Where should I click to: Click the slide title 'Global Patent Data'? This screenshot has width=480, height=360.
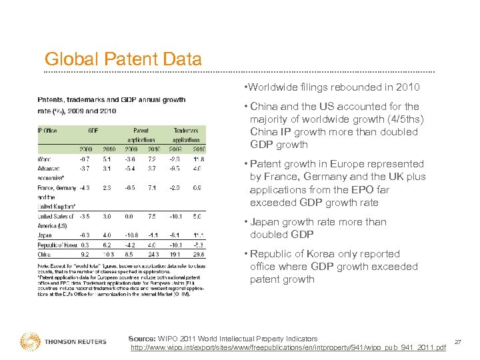pos(123,59)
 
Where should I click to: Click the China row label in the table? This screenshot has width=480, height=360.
pos(45,254)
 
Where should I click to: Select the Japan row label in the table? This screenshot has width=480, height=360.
pos(45,235)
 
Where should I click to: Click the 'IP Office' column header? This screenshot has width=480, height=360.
pos(47,131)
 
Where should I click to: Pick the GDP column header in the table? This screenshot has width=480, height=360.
pos(93,131)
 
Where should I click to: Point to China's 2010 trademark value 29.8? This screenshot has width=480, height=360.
pos(199,254)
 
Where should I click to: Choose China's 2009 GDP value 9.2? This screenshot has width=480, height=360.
pos(85,254)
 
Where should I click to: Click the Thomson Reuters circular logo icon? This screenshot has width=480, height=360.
pos(30,341)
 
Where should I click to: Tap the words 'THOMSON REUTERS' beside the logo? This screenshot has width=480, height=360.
pos(75,342)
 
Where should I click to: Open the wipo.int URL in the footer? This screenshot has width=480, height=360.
pos(288,348)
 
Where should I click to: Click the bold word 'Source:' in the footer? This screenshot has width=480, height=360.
pos(142,339)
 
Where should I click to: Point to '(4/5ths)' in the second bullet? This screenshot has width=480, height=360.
pos(404,119)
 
